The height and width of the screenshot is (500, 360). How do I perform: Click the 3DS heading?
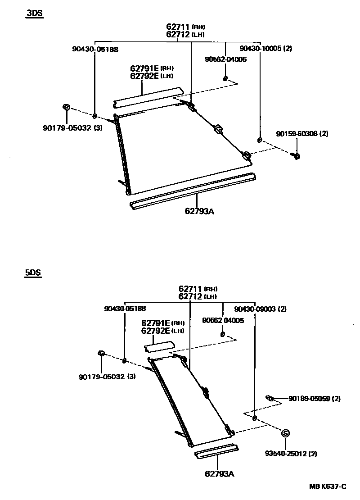[34, 13]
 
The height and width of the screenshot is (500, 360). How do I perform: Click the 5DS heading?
[33, 273]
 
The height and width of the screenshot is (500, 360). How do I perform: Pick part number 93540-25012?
[285, 453]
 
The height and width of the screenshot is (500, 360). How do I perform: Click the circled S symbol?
[285, 433]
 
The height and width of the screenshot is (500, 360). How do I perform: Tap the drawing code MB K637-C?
[327, 486]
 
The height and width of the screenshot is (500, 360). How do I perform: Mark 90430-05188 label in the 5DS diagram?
[125, 309]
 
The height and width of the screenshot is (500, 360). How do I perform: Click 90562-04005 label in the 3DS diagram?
[225, 59]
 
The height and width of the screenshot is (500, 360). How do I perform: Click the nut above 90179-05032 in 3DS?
[66, 107]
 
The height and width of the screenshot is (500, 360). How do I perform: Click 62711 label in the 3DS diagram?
[178, 27]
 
